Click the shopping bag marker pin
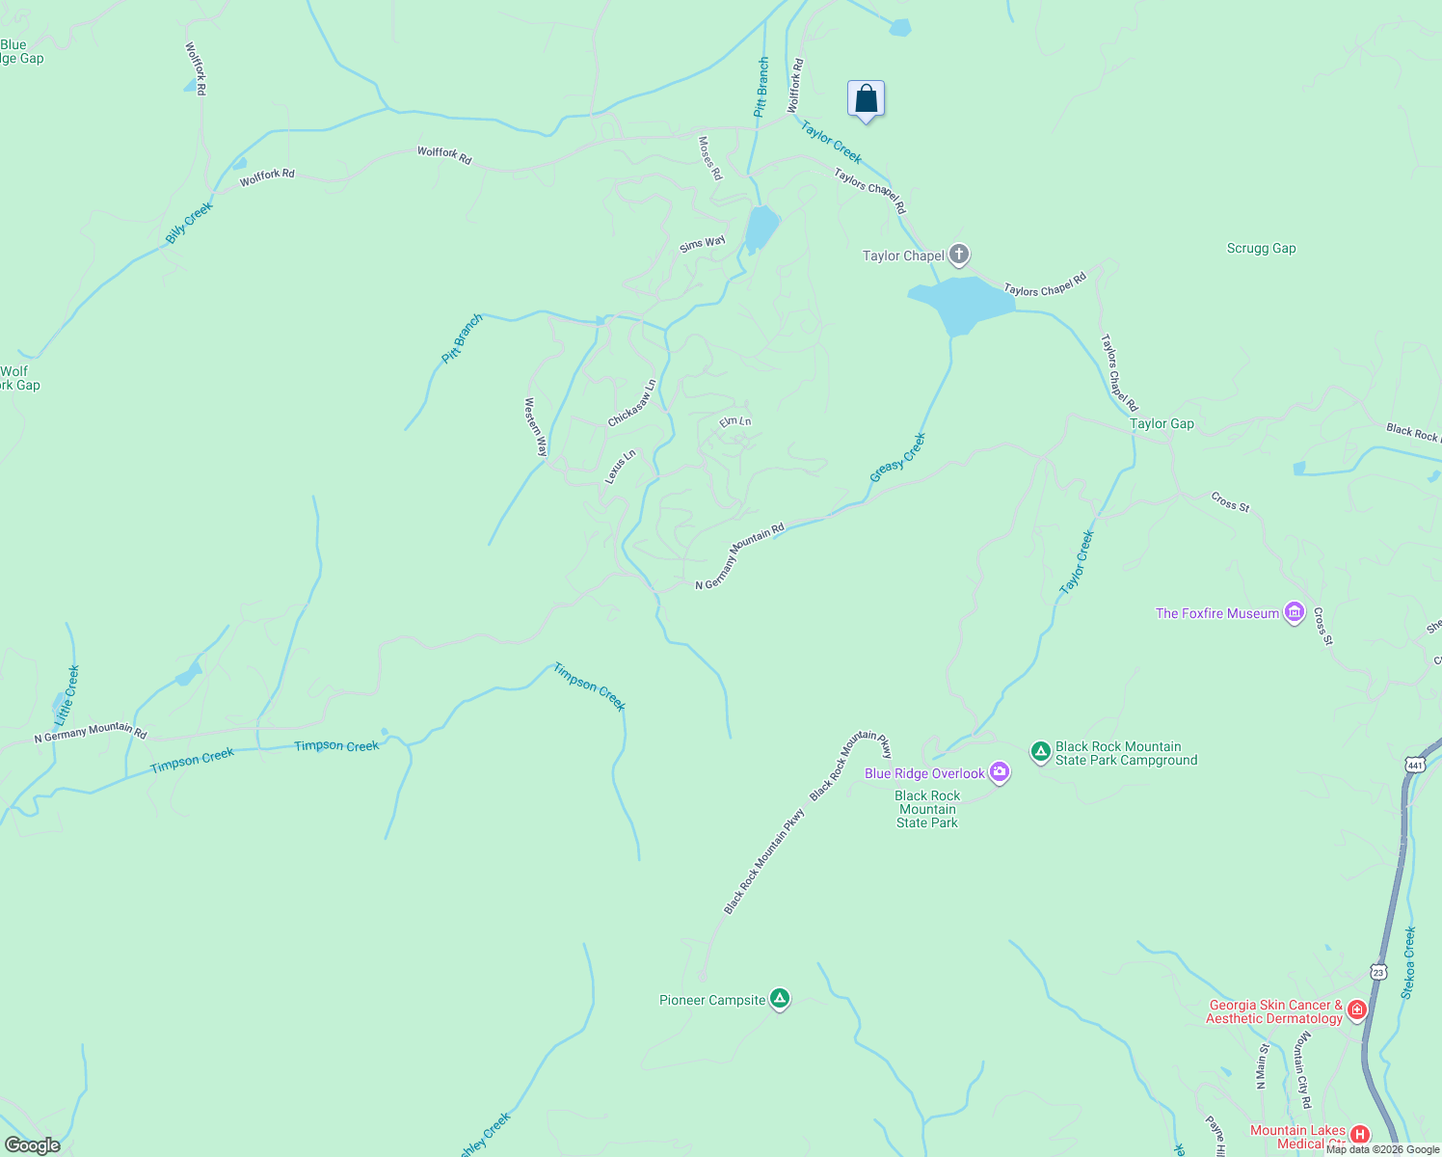click(866, 99)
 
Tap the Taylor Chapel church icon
click(958, 255)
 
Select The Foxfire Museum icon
click(1295, 612)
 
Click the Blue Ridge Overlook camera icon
click(1000, 772)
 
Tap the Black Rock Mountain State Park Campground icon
click(1040, 752)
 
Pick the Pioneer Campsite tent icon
click(780, 1000)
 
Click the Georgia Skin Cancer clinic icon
click(1357, 1010)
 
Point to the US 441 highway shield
click(1414, 765)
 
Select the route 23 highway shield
click(1379, 972)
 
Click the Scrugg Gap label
click(1261, 248)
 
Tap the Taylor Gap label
click(1162, 423)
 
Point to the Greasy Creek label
click(897, 458)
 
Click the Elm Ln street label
click(735, 421)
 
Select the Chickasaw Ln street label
click(632, 403)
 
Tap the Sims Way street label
click(702, 244)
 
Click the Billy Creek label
click(189, 222)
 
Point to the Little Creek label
click(67, 695)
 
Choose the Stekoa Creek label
click(1409, 962)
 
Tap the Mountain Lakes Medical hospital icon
click(1359, 1134)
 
